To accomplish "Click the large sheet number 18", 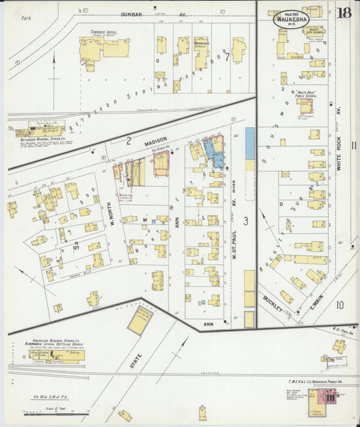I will coord(344,13).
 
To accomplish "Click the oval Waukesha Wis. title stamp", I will coord(291,18).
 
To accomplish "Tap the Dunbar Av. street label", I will coord(153,14).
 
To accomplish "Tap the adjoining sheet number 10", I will coord(339,305).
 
